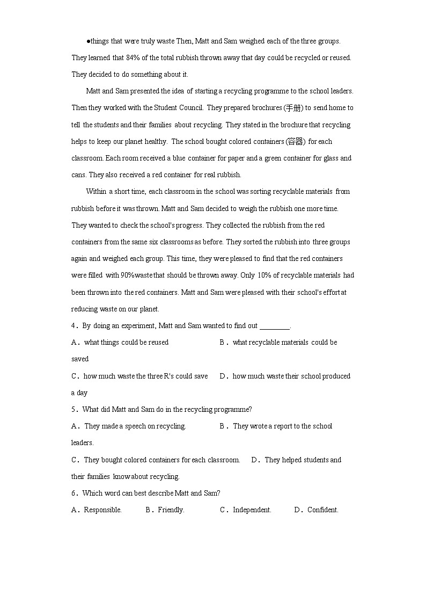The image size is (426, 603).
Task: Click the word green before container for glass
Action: pos(277,158)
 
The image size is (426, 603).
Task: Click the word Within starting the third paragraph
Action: pos(96,192)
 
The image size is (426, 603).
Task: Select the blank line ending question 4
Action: pos(274,326)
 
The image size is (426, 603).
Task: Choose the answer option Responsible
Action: pos(102,510)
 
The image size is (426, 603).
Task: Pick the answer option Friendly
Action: pos(171,510)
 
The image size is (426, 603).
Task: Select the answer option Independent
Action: pos(252,510)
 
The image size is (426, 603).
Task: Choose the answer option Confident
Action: pos(322,510)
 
